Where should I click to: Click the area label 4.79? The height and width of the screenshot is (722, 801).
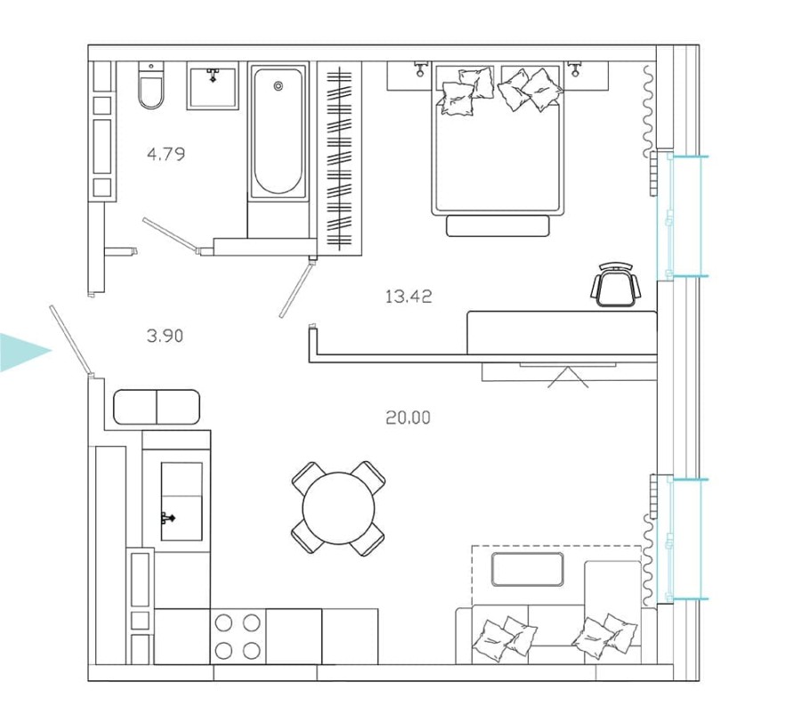click(x=166, y=154)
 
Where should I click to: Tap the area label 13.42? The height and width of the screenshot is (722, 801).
click(x=409, y=296)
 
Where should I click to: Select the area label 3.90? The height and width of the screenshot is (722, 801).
click(x=165, y=336)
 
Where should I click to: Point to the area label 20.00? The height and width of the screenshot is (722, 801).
click(x=409, y=417)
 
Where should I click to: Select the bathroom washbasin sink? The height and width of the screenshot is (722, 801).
click(x=212, y=85)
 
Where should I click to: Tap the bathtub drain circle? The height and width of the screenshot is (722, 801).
click(x=278, y=86)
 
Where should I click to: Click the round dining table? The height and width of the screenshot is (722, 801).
click(x=339, y=508)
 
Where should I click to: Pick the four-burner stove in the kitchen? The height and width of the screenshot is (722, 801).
click(x=239, y=636)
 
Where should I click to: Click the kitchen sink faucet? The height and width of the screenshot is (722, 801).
click(x=167, y=516)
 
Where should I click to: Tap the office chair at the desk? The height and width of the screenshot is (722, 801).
click(x=616, y=285)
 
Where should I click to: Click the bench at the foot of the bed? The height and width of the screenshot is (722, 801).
click(x=498, y=226)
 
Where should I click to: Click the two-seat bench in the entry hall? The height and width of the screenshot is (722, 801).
click(x=157, y=407)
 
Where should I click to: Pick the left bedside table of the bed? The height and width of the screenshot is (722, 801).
click(x=409, y=77)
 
